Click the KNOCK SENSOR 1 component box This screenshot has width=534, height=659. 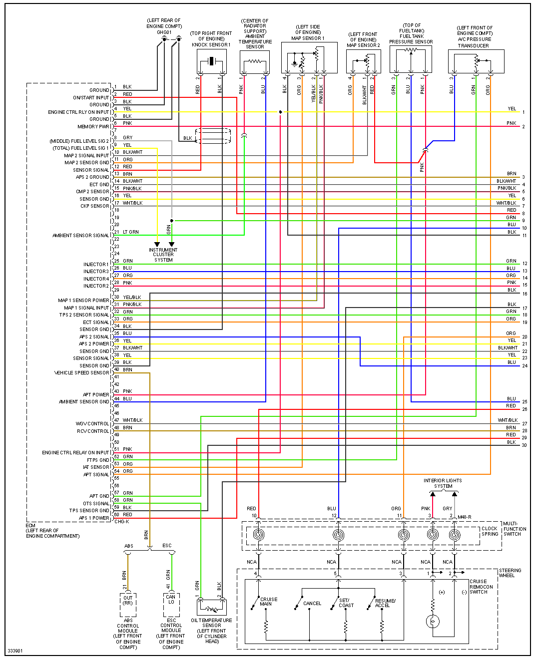point(211,61)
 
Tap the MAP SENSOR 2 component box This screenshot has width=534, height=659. point(363,61)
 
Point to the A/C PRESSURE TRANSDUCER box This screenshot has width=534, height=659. point(476,61)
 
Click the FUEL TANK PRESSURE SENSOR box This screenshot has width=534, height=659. point(411,59)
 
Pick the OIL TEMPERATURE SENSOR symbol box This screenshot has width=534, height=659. point(212,607)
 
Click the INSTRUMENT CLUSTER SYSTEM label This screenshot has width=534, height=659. point(163,255)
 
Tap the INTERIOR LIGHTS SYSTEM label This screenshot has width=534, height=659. point(443,483)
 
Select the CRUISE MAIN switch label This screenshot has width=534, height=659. point(268,602)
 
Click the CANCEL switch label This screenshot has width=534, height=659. point(312,604)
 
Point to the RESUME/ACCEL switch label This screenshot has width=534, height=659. point(385,603)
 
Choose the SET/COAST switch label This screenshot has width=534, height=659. point(346,603)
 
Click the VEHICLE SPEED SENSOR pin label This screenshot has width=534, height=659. point(81,373)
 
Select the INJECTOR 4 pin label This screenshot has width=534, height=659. point(95,279)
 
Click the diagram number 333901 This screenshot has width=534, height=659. point(15,651)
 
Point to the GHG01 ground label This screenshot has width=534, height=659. point(164,32)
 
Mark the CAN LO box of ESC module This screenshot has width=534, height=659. point(171,599)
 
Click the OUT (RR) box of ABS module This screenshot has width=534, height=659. point(128,600)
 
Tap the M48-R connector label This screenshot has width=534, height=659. point(464,517)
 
